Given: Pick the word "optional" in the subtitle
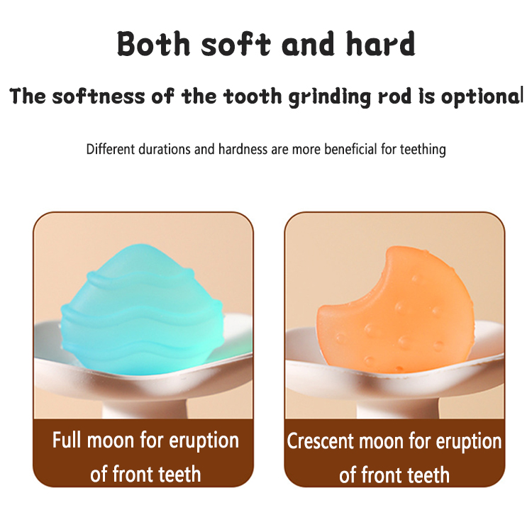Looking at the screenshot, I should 482,96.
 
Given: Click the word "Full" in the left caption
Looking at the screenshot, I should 68,440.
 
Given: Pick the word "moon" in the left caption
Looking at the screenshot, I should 111,440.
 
